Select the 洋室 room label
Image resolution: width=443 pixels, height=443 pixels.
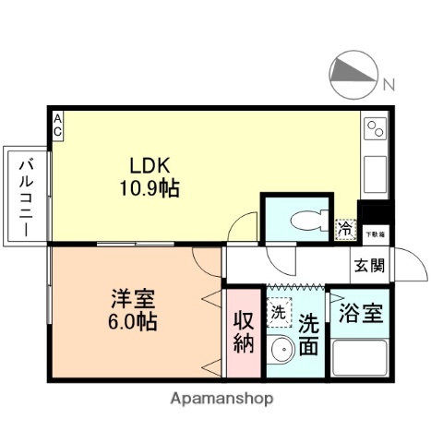(x=134, y=301)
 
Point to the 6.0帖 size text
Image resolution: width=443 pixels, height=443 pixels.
(x=134, y=323)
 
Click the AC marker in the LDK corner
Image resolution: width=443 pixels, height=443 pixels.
(x=57, y=125)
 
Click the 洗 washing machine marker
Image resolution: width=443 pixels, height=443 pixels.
(x=279, y=312)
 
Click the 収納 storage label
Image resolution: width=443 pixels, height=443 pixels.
(x=243, y=333)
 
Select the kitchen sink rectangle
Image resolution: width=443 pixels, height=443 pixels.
(x=376, y=174)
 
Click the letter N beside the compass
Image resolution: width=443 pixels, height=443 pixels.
(x=389, y=85)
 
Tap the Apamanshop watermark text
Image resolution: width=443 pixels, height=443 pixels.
(x=221, y=400)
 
